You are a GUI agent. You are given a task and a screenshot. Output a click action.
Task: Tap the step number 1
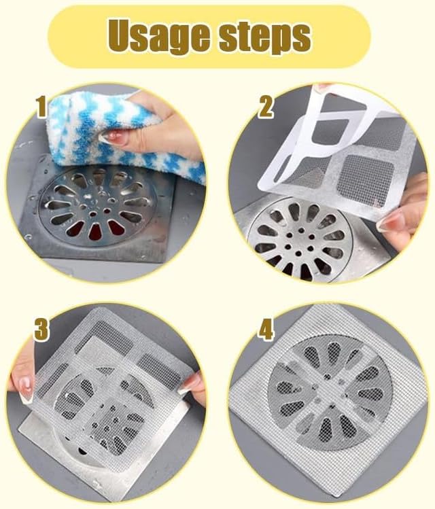click(43, 107)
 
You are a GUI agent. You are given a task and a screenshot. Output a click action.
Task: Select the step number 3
click(41, 330)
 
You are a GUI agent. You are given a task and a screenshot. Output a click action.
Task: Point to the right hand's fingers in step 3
click(193, 385)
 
